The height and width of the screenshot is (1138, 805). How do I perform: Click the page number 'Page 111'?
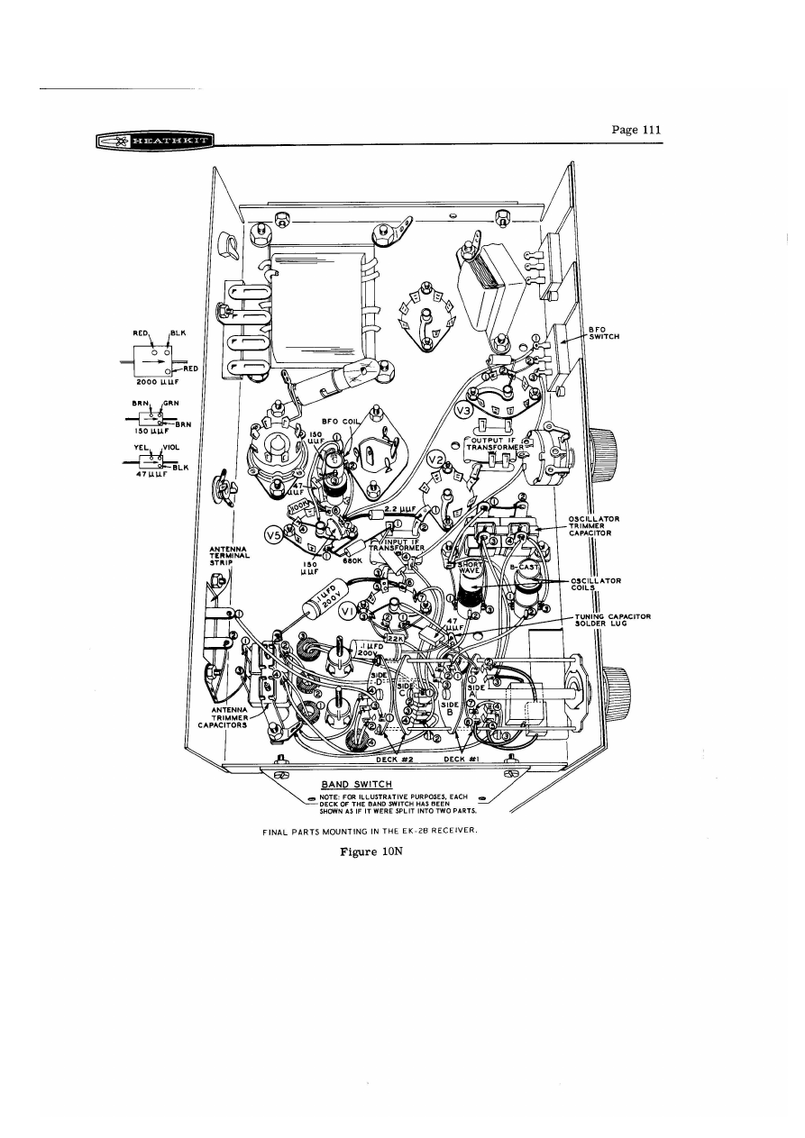(636, 130)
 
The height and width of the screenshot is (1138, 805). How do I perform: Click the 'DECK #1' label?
(462, 760)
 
